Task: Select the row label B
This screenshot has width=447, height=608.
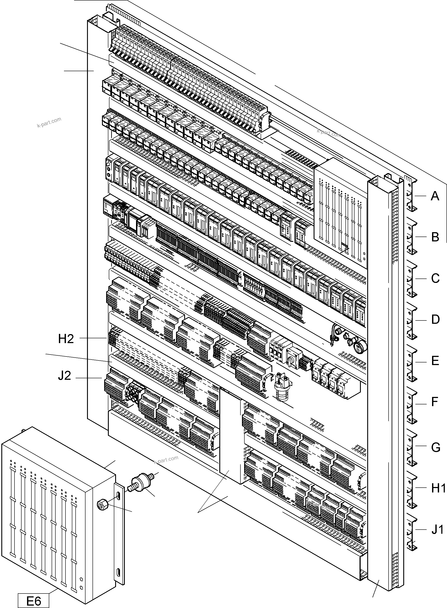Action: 435,237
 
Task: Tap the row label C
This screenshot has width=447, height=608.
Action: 435,278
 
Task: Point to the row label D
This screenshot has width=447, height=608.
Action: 435,319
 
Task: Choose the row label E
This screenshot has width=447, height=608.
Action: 435,360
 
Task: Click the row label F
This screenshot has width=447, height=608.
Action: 434,402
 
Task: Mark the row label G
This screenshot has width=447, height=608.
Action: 435,447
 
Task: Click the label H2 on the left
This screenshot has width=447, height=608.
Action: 66,339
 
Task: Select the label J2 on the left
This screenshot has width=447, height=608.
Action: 64,376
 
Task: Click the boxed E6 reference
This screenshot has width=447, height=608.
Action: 34,599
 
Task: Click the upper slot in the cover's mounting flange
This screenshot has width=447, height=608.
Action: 118,496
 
